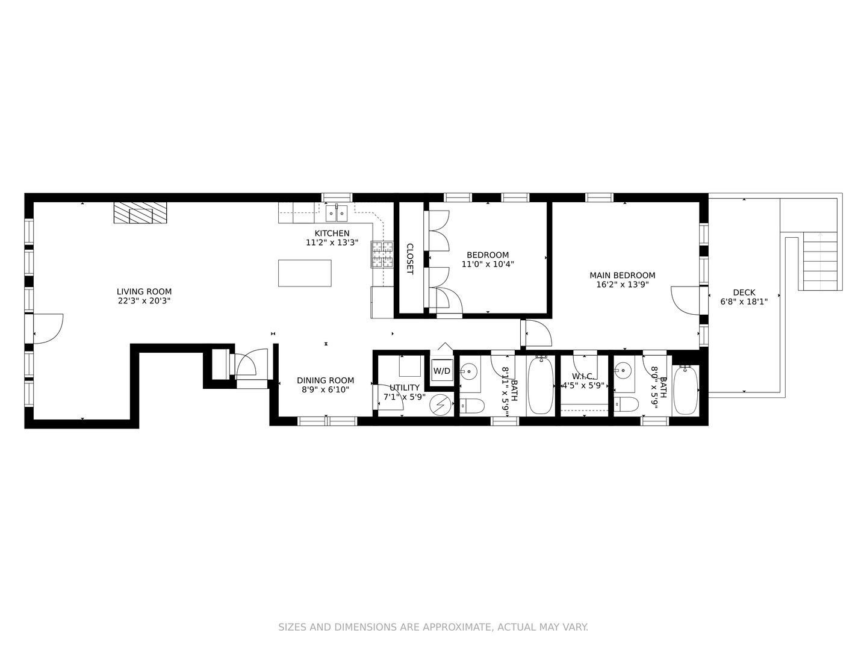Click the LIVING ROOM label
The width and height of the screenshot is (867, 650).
[144, 292]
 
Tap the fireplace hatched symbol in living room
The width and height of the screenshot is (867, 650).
[140, 212]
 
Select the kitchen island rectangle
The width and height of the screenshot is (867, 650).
[305, 273]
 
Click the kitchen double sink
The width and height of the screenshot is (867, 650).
[337, 212]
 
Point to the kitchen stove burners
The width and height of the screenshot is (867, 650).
[381, 254]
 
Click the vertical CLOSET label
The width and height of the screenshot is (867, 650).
[409, 259]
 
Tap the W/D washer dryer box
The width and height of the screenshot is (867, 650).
[442, 371]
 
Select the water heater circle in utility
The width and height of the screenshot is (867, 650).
[441, 405]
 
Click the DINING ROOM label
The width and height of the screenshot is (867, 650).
[325, 380]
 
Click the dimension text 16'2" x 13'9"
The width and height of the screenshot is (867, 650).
[622, 285]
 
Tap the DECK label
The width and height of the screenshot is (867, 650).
[744, 292]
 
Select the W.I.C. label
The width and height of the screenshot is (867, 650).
[582, 376]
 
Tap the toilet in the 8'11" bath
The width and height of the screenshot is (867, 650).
[472, 406]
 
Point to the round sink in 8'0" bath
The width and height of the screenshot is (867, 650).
[624, 370]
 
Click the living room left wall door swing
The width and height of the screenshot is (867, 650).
[47, 329]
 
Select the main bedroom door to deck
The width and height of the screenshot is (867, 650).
[686, 299]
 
